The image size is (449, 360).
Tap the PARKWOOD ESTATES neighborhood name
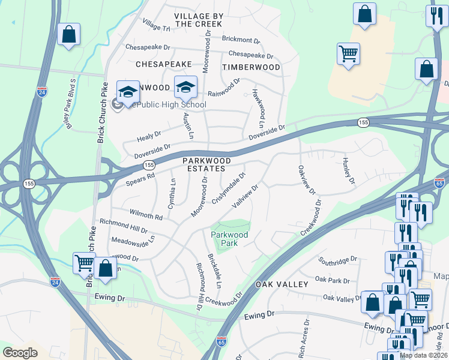pos(206,164)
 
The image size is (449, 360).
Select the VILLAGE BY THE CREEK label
pos(198,19)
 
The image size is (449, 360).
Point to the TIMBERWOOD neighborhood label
pos(251,67)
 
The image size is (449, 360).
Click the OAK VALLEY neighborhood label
pos(282,283)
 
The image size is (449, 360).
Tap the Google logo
pos(20,352)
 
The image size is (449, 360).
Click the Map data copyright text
pos(424,355)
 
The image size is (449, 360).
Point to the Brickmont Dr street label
pos(241,40)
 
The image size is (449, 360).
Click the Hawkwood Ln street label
pos(259,103)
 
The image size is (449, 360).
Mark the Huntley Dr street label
pos(348,171)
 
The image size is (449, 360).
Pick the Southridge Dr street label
pos(338,261)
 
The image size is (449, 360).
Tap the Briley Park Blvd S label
pos(70,104)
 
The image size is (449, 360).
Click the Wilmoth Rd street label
pos(146,214)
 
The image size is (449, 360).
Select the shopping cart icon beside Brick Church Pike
pos(84,263)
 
